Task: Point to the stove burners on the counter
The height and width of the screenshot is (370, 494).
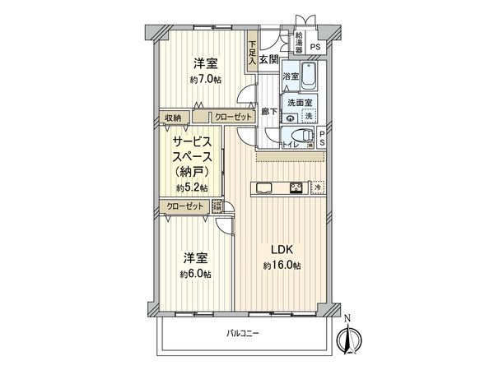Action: tap(296, 188)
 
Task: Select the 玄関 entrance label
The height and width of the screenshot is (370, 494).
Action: tap(268, 59)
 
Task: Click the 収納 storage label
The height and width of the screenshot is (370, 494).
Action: tap(171, 117)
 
